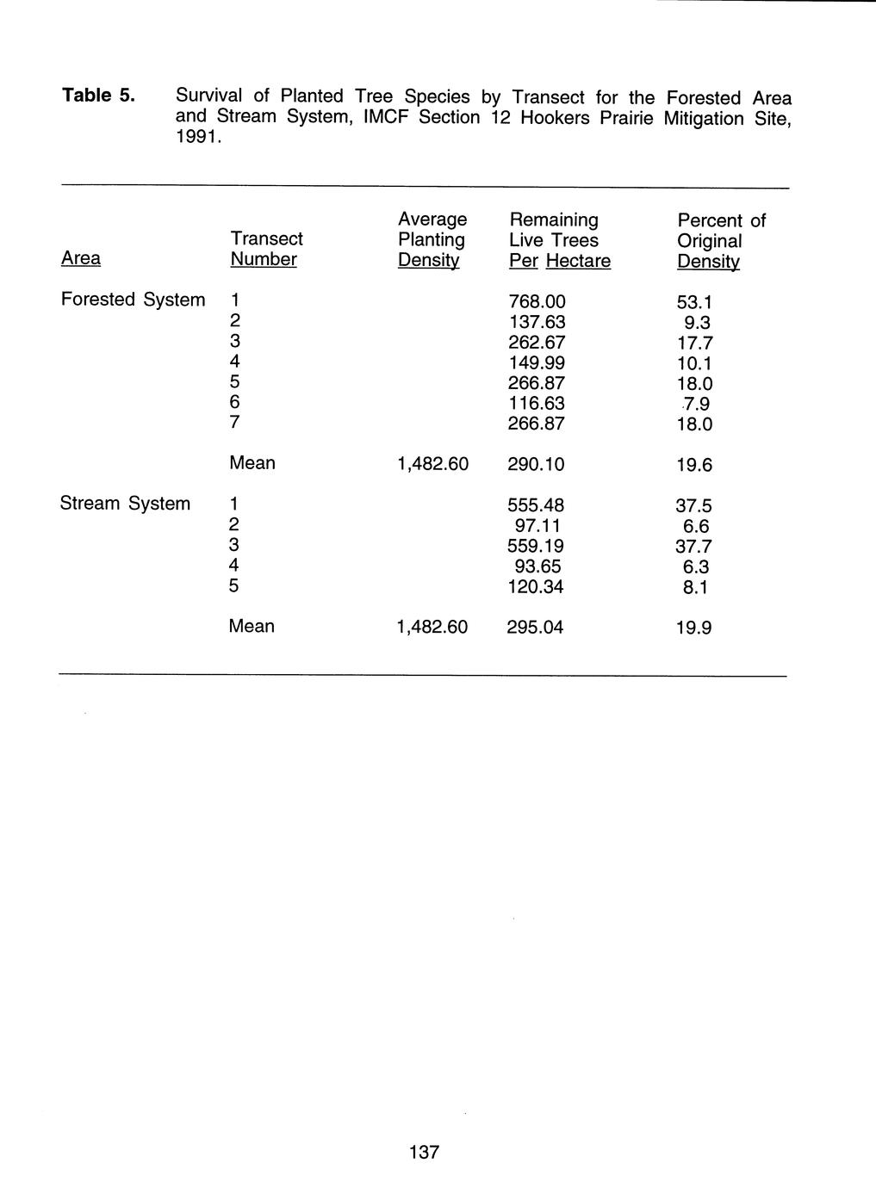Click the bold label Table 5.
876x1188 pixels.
click(x=98, y=95)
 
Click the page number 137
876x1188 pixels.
click(x=425, y=1152)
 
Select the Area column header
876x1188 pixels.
click(x=81, y=258)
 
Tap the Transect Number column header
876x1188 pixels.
click(x=266, y=249)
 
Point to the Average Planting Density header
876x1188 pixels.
click(x=432, y=239)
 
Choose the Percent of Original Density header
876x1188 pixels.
click(x=720, y=241)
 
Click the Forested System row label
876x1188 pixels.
click(x=134, y=300)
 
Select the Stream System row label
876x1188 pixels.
click(x=125, y=504)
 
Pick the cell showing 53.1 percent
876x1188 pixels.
click(x=695, y=303)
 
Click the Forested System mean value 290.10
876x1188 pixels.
click(x=536, y=465)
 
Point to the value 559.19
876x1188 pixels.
click(x=537, y=547)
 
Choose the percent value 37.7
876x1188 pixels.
click(x=694, y=547)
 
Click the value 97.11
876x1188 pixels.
click(x=540, y=526)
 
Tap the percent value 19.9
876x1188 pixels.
click(x=694, y=628)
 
